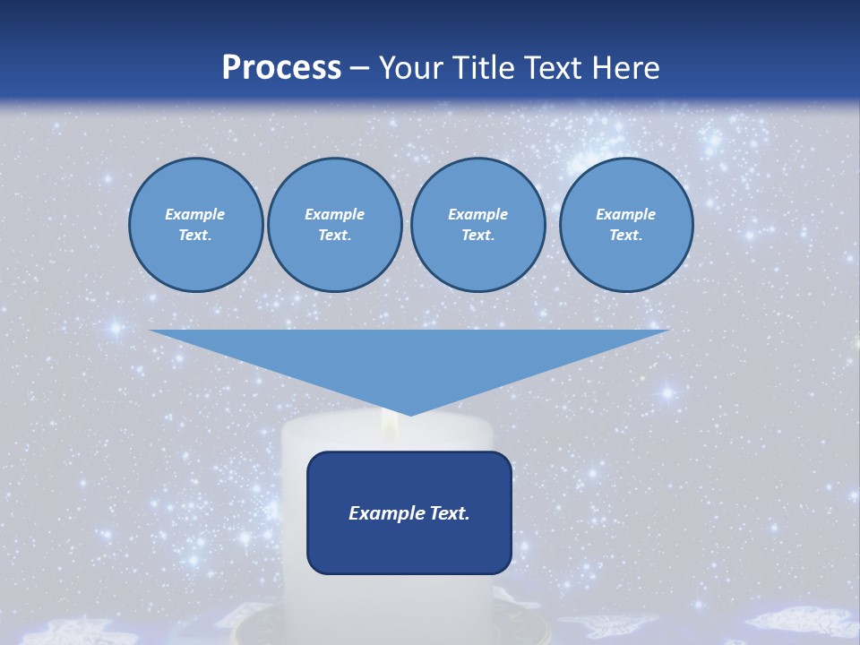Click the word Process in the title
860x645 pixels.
[281, 68]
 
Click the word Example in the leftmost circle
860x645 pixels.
[195, 214]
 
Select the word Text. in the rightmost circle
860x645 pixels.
[625, 236]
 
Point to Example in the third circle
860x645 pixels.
[477, 214]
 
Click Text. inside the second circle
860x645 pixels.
[334, 236]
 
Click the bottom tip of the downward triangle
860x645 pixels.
[409, 414]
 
